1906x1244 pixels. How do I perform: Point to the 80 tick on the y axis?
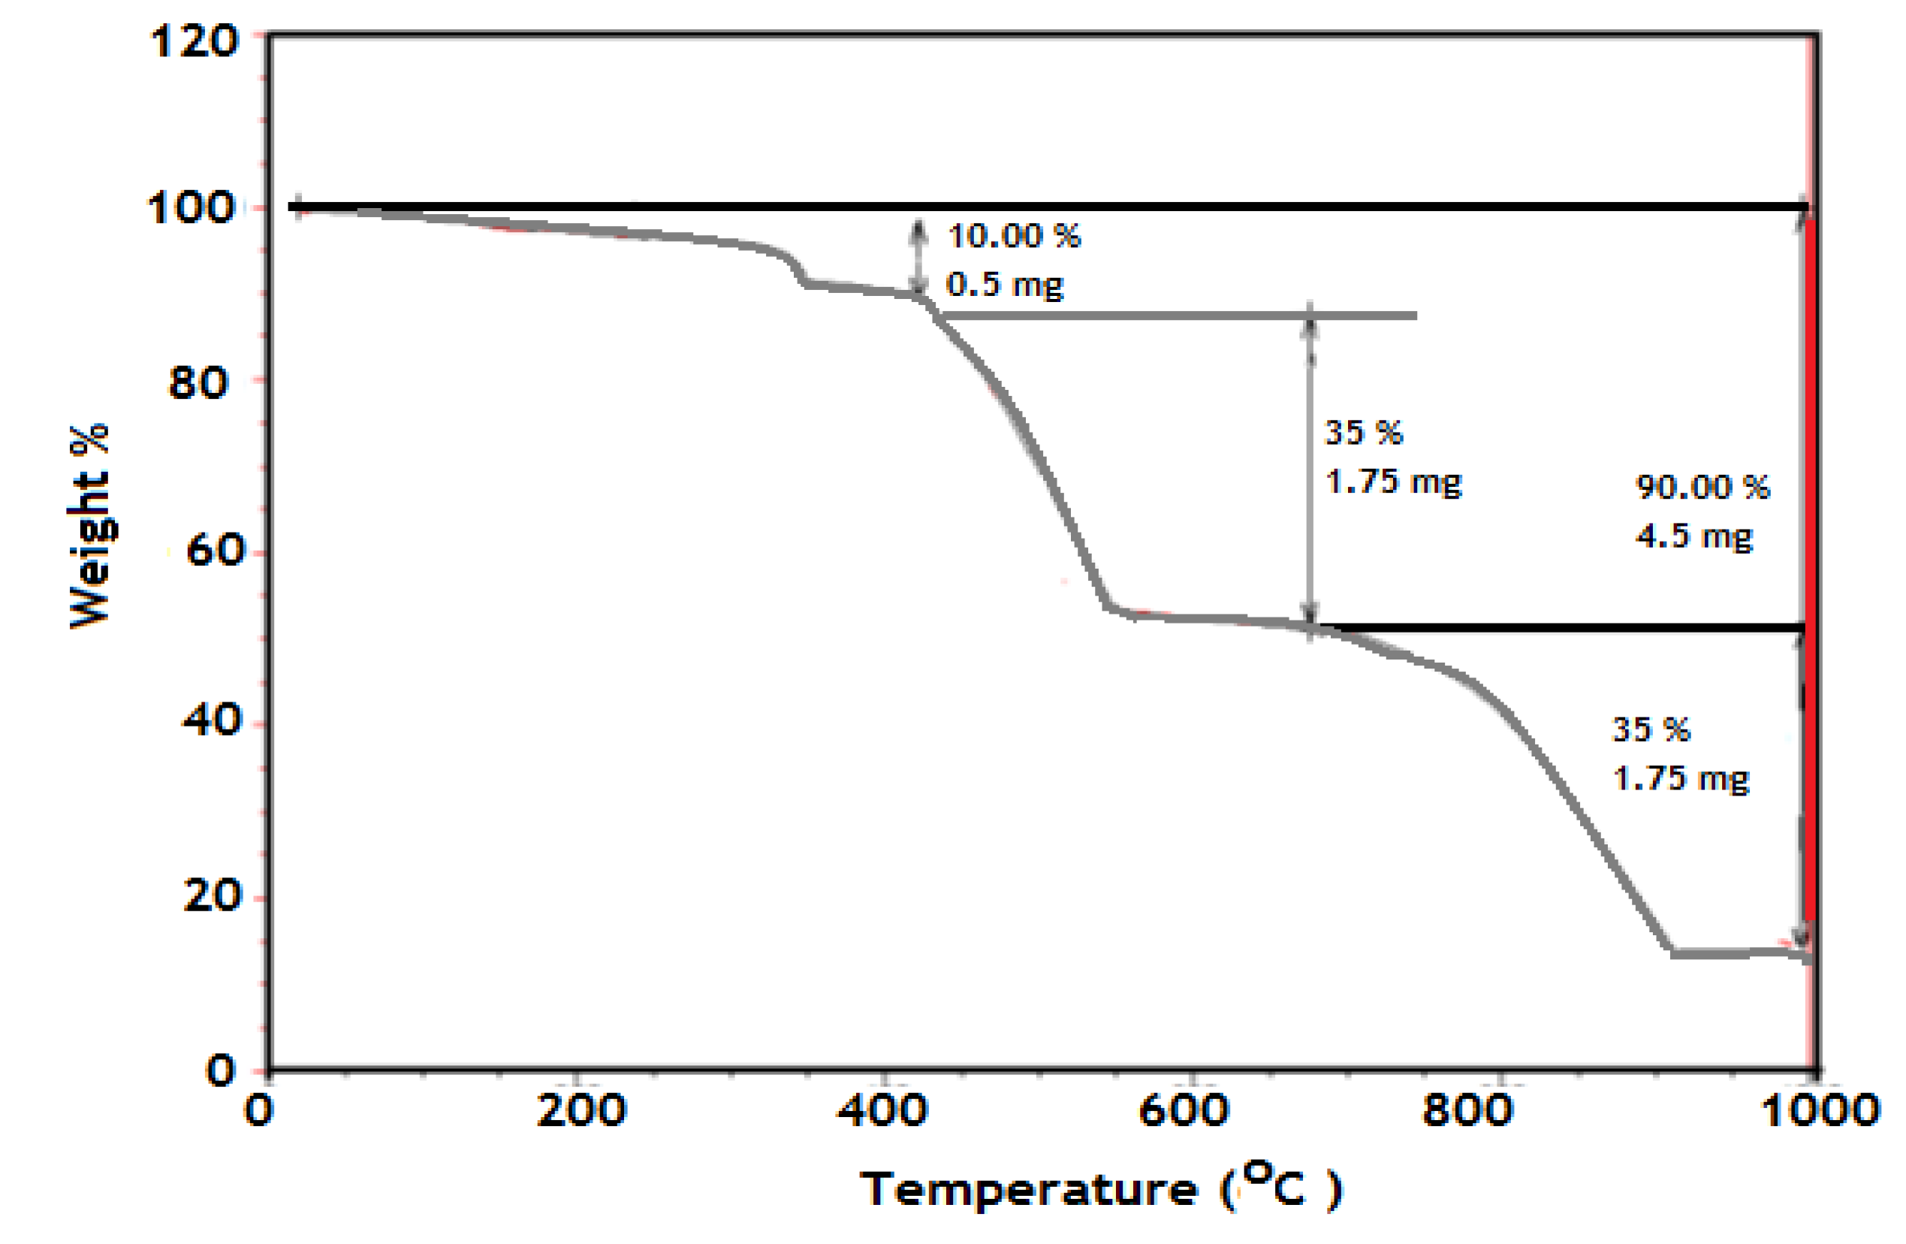198,383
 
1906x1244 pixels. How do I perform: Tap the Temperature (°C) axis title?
1099,1188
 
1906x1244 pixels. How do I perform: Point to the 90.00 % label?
1702,487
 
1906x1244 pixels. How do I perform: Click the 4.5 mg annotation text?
1693,536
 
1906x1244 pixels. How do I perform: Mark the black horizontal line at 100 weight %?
1041,207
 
